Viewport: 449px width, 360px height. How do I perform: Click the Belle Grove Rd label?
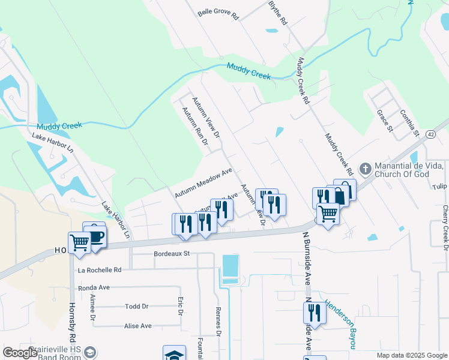click(218, 13)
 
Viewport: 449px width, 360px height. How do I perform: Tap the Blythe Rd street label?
click(278, 13)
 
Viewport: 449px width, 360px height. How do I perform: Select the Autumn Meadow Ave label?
click(203, 183)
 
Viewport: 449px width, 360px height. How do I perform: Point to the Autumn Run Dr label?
click(194, 126)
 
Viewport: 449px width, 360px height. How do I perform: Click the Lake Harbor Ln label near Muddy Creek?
click(52, 145)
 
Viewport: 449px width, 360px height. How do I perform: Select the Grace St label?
click(384, 121)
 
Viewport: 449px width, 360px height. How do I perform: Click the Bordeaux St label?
click(172, 254)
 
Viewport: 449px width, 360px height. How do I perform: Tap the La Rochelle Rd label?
click(100, 270)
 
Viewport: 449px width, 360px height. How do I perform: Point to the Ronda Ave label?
click(93, 287)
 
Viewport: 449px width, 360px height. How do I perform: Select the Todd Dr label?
click(136, 307)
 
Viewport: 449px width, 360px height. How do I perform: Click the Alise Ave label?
click(137, 326)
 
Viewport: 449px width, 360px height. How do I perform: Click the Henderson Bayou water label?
click(340, 323)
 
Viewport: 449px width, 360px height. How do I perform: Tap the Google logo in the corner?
click(20, 352)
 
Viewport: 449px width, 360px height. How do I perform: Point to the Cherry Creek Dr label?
click(445, 227)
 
